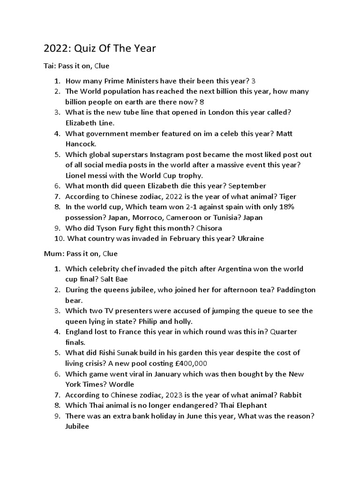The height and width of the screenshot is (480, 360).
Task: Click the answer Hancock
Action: (81, 144)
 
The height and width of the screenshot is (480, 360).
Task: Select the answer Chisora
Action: (204, 228)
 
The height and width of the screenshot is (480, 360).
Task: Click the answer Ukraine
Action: (251, 239)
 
